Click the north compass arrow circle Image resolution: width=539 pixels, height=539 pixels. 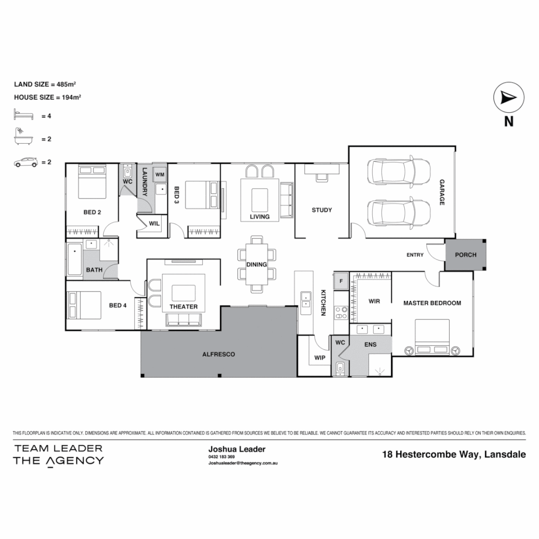[508, 98]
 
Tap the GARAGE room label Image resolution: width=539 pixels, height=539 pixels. [442, 192]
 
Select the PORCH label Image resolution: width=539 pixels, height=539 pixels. [465, 255]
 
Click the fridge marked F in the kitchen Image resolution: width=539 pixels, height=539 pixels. [341, 279]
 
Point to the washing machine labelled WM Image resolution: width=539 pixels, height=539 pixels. [160, 174]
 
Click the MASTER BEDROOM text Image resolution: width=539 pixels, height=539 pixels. [432, 303]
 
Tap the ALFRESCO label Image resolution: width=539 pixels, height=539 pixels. [218, 354]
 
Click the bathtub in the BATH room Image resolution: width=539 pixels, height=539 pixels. [74, 259]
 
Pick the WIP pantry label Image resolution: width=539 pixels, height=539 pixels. [319, 358]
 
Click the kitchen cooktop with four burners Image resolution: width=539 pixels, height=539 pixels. [341, 312]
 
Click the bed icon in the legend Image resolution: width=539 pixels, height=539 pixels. [23, 116]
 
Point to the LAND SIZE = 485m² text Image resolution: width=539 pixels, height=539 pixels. [44, 84]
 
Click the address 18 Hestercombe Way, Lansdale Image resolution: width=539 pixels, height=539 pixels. [454, 454]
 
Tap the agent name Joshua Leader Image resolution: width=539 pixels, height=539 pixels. [237, 449]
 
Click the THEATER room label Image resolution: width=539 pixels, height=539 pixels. [184, 306]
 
